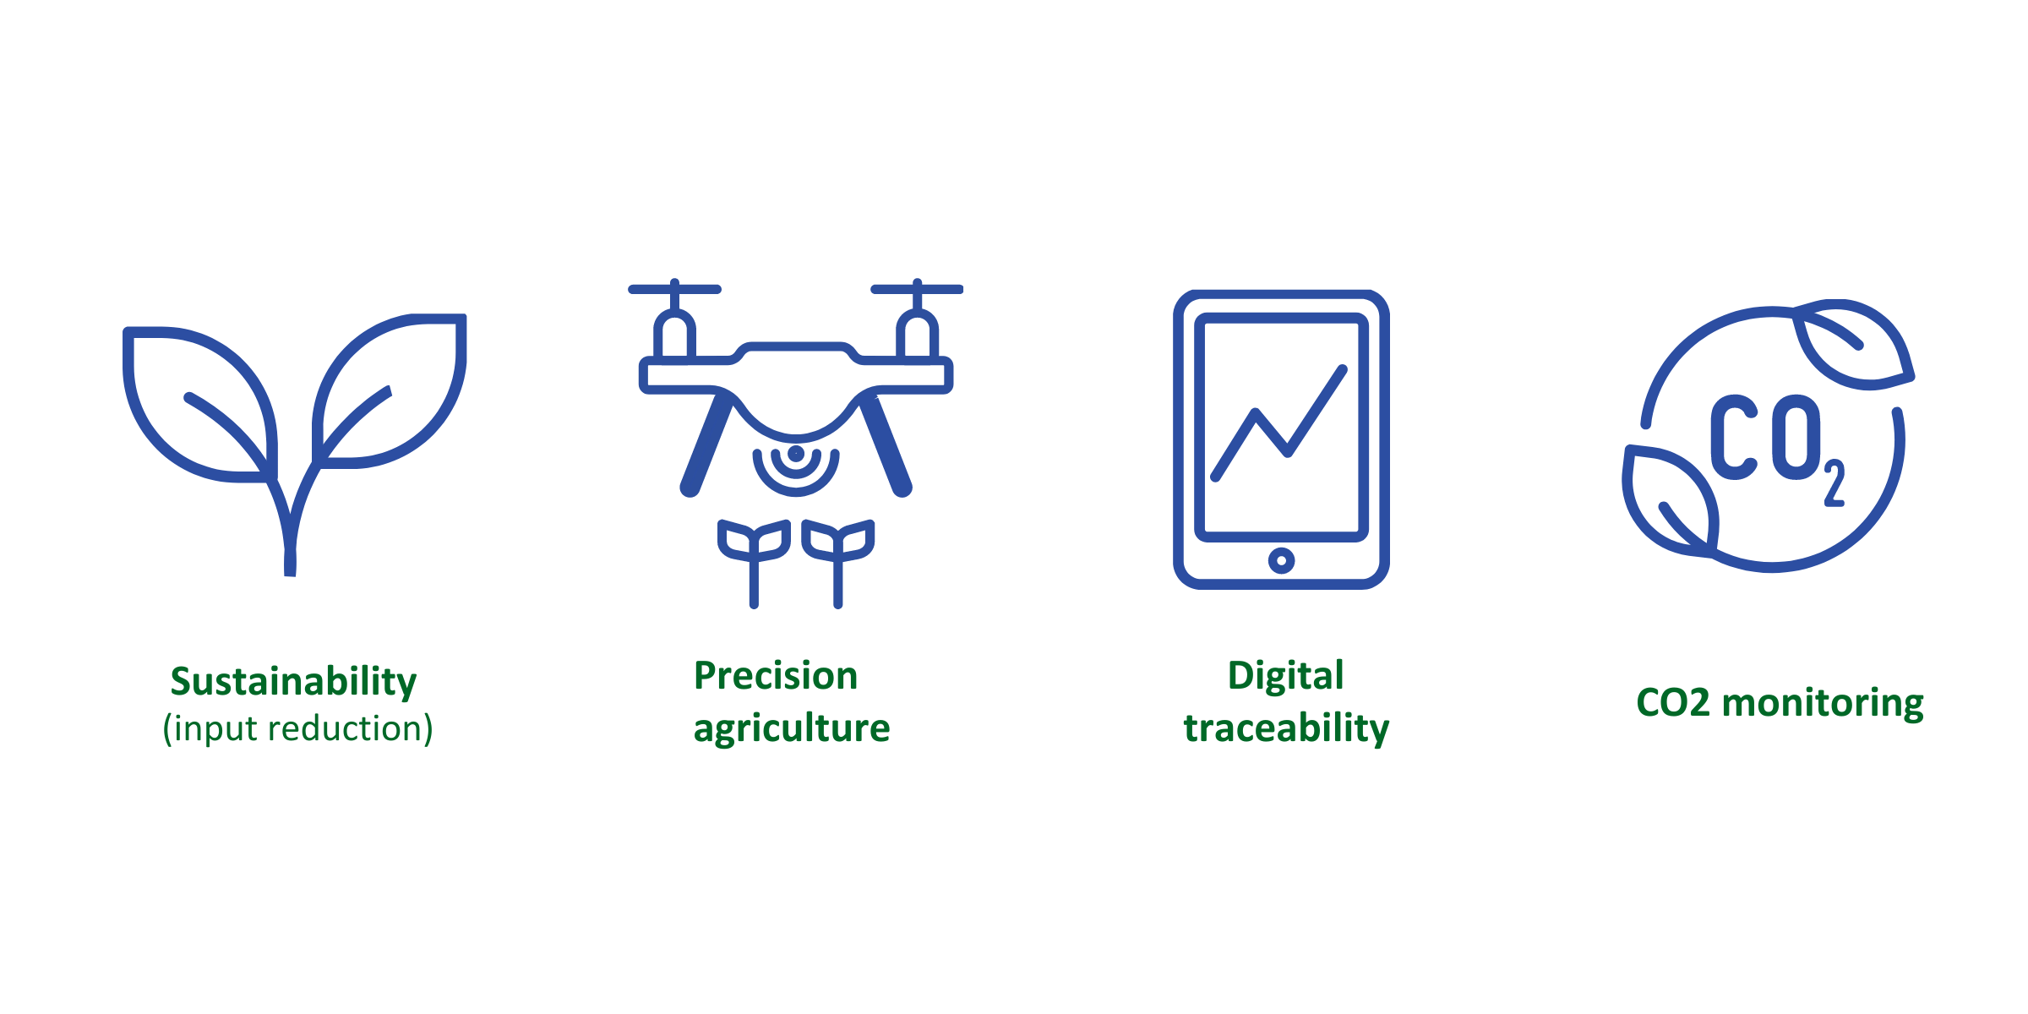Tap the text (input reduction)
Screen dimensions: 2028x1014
coord(297,728)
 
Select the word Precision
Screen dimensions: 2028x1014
coord(776,676)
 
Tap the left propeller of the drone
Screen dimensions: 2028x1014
coord(674,289)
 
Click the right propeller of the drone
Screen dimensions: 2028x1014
coord(917,289)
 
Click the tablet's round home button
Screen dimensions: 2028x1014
coord(1281,560)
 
